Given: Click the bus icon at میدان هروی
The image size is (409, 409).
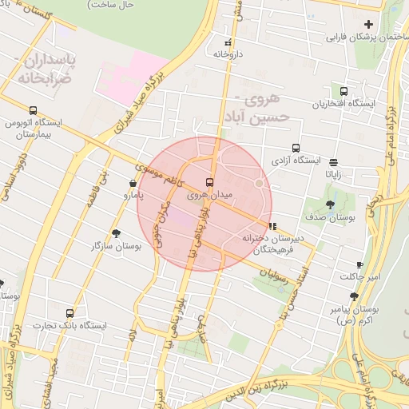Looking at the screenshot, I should (x=210, y=182).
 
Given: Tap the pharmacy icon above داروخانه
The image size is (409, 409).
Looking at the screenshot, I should (x=228, y=42).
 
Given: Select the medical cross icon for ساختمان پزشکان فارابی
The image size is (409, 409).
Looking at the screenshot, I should (x=368, y=24).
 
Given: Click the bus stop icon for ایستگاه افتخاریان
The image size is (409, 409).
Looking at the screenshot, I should (x=344, y=91).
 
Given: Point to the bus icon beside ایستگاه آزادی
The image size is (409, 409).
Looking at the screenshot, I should (x=296, y=148).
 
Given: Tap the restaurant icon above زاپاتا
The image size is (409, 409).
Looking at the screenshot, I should (x=332, y=161).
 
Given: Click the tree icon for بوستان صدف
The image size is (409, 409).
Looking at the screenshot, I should (x=331, y=204).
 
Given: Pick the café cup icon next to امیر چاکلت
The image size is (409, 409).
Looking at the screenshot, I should (x=359, y=264).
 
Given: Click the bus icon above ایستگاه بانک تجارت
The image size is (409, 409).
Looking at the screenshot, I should (x=69, y=313).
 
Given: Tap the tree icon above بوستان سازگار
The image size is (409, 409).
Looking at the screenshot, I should (x=117, y=233).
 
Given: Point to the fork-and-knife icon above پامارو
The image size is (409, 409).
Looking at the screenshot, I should (x=133, y=183).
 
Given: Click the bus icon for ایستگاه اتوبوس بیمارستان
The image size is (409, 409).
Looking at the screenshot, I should (x=33, y=111).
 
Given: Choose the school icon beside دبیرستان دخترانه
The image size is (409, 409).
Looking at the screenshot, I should (x=273, y=226).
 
